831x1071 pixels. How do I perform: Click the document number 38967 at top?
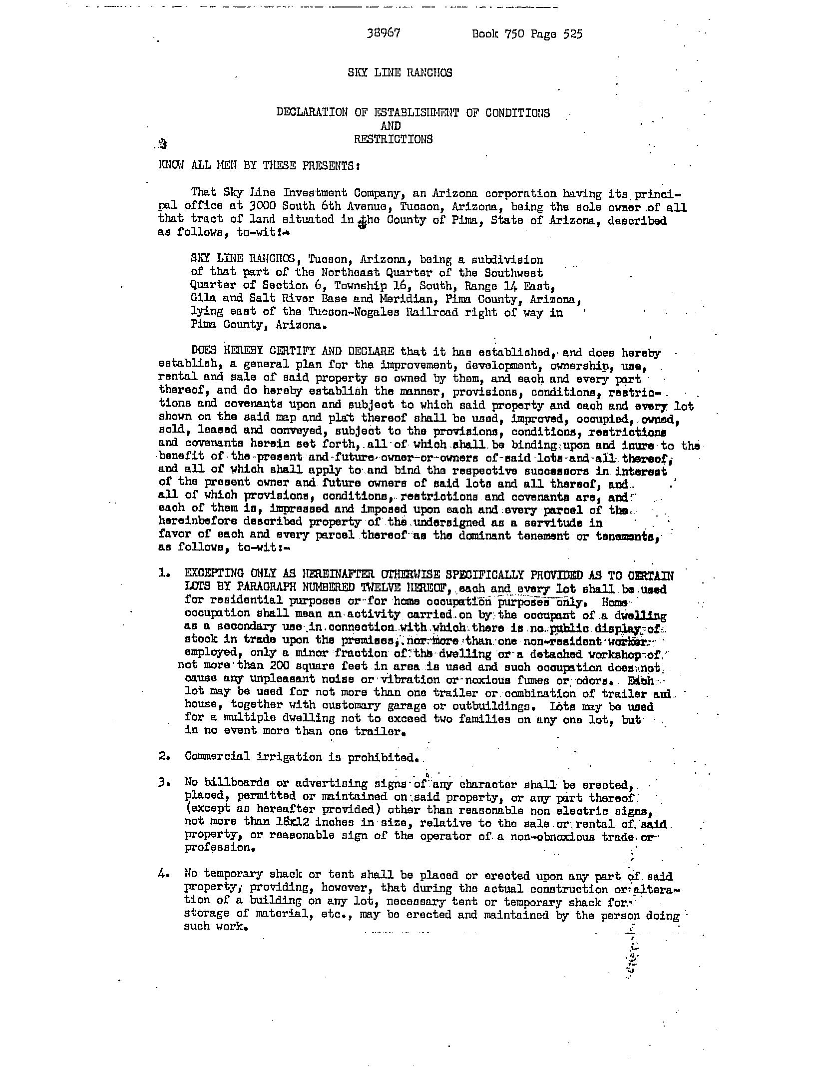tap(383, 33)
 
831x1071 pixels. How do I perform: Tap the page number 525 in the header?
tap(572, 34)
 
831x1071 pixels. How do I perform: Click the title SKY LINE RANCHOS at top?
tap(400, 72)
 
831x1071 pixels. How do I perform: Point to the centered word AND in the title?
tap(391, 126)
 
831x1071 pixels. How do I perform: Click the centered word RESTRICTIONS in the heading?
tap(393, 139)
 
